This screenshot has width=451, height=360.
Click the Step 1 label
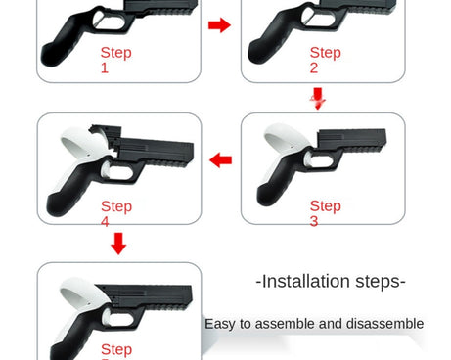115,60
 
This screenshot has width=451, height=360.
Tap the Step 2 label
325,60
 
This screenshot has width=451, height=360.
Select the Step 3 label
325,213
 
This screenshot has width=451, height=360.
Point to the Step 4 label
115,213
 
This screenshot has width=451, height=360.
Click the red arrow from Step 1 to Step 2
220,24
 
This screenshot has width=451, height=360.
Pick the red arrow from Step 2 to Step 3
317,98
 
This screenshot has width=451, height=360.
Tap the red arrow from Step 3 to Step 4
221,159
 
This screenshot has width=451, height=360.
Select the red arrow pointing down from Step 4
118,244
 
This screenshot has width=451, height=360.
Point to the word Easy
221,324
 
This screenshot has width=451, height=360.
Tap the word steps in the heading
383,282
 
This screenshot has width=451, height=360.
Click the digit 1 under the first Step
105,67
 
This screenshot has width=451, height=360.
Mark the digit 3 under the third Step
314,221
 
